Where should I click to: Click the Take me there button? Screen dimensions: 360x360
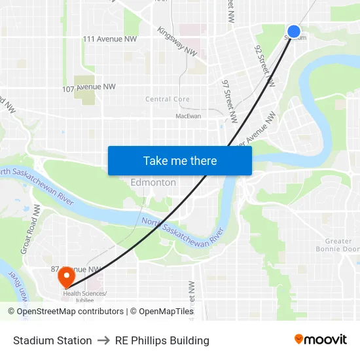180,160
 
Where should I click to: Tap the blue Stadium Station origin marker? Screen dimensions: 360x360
294,31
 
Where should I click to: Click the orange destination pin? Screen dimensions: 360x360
66,277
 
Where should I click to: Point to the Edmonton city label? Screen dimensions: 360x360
153,183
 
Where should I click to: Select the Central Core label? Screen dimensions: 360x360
168,99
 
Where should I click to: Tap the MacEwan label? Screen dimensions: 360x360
189,116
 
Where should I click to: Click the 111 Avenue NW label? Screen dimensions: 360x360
110,39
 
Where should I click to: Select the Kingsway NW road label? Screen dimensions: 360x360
177,41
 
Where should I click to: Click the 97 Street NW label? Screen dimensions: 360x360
230,102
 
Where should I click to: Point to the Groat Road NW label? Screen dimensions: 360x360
31,229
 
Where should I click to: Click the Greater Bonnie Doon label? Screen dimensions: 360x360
338,245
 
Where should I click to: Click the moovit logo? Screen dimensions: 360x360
320,339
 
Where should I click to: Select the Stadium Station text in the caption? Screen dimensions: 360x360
52,340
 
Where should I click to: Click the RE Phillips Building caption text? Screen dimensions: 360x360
162,340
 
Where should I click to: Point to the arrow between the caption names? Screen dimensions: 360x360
103,340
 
